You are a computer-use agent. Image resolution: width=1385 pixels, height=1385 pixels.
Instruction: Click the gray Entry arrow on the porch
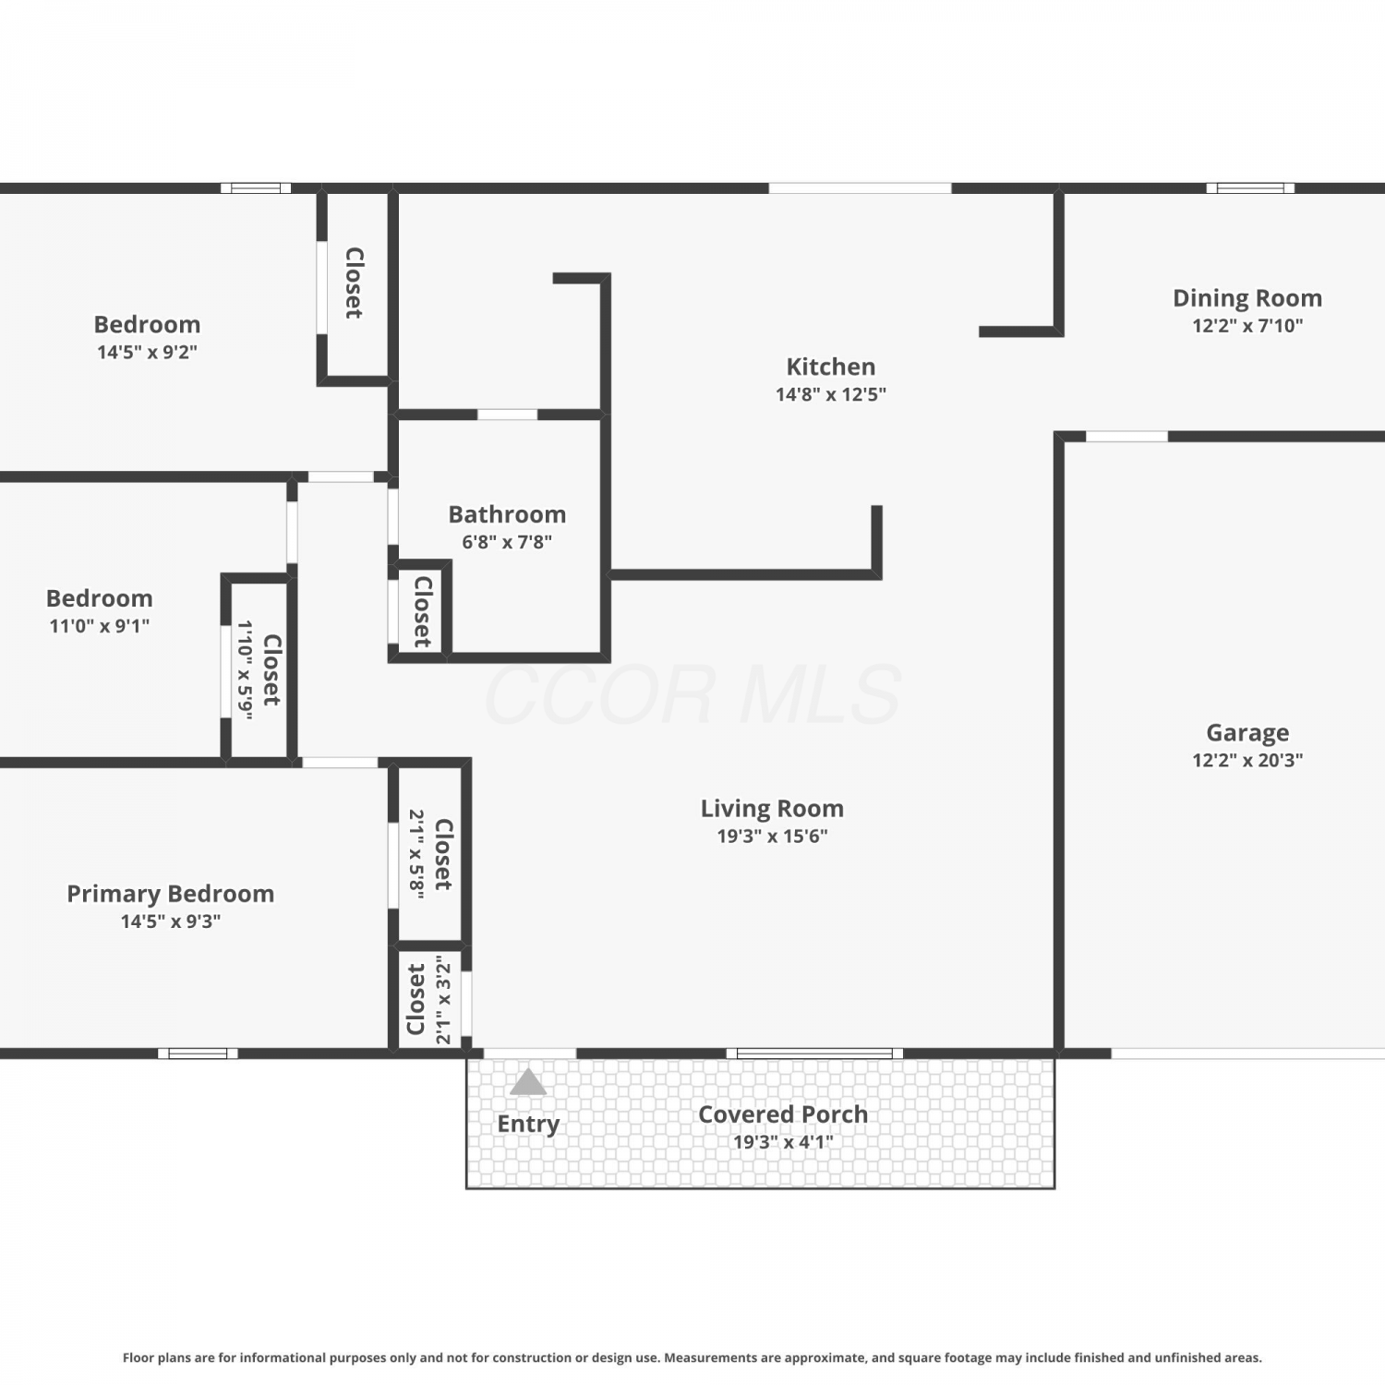528,1082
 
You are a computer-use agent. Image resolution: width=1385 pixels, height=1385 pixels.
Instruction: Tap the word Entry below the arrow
528,1124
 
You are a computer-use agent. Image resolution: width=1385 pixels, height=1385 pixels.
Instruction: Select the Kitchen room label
831,367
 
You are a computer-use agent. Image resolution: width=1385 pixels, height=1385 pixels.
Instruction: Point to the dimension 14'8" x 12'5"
831,394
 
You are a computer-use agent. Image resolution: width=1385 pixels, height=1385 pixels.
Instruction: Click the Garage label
1247,733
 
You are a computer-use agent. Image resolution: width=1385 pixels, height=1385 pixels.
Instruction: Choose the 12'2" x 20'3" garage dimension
1247,760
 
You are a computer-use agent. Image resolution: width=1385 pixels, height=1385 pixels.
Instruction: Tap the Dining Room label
1247,298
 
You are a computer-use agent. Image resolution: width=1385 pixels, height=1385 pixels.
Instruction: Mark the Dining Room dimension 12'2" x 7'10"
1247,325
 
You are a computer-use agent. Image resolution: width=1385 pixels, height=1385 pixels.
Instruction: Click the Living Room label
772,809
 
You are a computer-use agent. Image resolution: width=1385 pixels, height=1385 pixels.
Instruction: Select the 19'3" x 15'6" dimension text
772,837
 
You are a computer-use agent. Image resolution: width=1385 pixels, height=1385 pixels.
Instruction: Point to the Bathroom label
507,514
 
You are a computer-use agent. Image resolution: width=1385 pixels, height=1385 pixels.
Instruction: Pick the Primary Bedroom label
171,894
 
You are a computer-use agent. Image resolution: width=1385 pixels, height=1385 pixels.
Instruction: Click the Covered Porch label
783,1114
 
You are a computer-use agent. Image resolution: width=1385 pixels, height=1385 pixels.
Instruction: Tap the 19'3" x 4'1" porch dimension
783,1142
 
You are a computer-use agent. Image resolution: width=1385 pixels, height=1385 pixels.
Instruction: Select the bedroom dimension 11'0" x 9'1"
99,626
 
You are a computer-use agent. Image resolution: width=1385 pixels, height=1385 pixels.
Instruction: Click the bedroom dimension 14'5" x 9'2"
147,352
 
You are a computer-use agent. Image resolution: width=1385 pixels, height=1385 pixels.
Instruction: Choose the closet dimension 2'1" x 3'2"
444,1000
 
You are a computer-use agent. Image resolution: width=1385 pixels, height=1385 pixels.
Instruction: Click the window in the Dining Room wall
1250,188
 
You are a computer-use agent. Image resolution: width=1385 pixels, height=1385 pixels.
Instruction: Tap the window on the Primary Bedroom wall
198,1054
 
